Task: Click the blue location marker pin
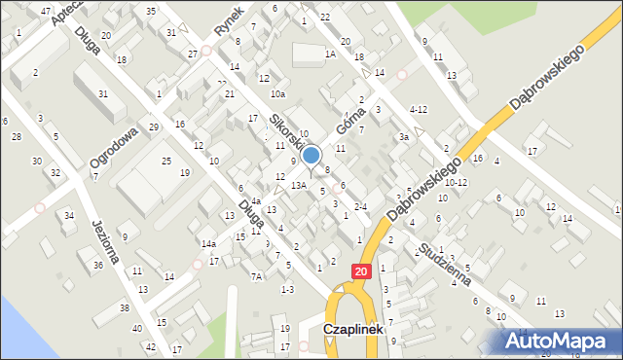point(311,157)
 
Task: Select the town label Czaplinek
point(354,331)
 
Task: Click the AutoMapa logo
point(562,340)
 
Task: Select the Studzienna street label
point(447,266)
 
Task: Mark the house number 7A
point(257,276)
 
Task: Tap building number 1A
point(330,54)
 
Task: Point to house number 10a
point(277,94)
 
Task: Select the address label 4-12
point(419,109)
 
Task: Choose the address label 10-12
point(457,182)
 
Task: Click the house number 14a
point(208,243)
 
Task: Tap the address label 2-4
point(360,206)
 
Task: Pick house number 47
point(46,10)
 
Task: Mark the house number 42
point(150,346)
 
